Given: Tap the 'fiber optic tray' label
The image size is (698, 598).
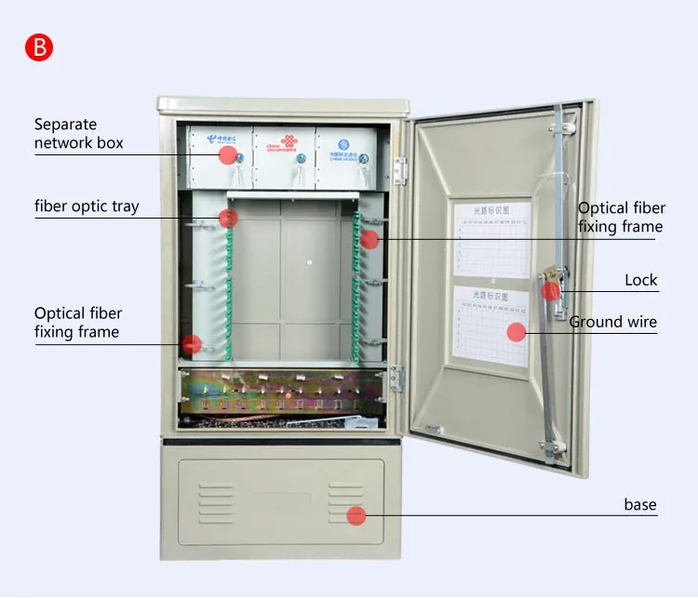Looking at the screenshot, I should coord(87,206).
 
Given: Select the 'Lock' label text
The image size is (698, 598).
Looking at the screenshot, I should coord(640,280).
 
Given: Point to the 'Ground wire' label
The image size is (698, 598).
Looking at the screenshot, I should coord(612,323).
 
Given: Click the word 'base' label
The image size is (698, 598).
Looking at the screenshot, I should coord(639,505).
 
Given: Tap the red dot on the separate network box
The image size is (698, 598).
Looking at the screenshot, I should coord(227,154).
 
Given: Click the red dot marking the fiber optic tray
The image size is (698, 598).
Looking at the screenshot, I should coord(228,218).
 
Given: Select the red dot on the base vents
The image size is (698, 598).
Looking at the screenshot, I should coord(356,515).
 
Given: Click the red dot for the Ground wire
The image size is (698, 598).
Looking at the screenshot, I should coord(517,331).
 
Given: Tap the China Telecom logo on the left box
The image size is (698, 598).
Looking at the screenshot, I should coord(223,139).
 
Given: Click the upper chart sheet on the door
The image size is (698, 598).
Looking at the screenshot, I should coord(491,238).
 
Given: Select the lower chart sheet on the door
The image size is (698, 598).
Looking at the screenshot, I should coord(490,326).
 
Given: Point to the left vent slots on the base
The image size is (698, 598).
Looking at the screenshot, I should coord(216,502).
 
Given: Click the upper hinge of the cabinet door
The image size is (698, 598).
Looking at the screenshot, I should coord(401,169).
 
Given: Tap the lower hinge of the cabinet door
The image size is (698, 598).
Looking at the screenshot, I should coord(398,378).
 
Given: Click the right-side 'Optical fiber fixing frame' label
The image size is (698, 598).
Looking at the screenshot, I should coord(620,217).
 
